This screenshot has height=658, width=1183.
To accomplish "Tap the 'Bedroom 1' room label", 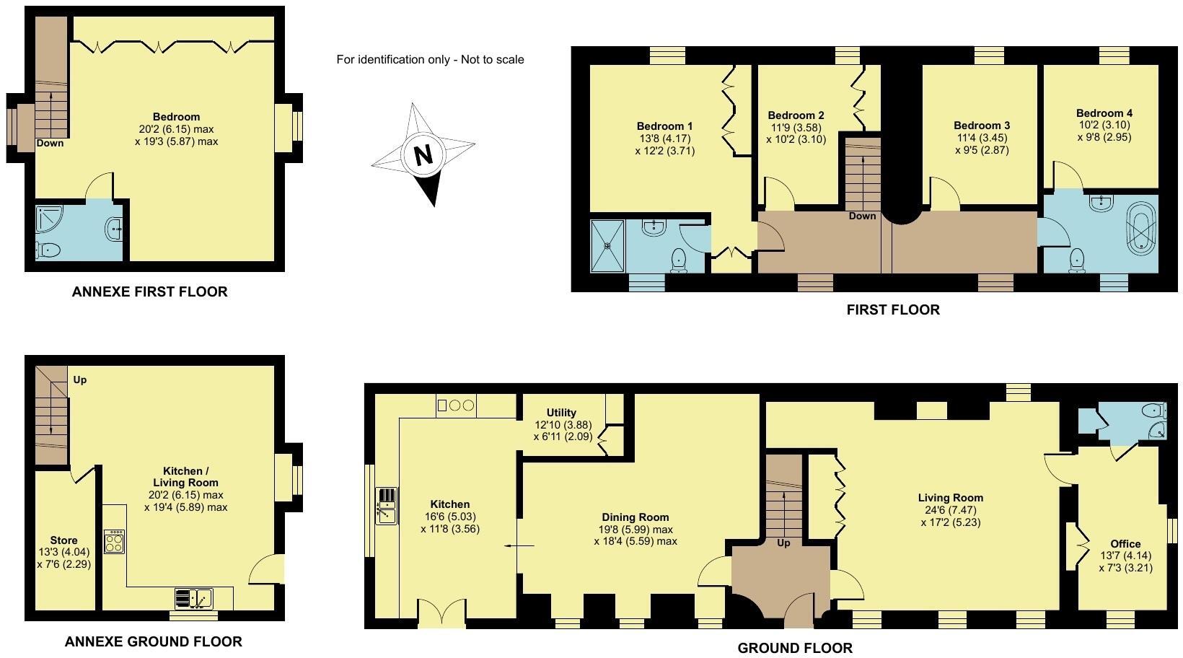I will [x=664, y=126].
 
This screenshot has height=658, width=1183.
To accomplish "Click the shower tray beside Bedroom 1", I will [x=607, y=245].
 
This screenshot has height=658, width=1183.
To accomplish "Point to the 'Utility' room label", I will [x=561, y=413].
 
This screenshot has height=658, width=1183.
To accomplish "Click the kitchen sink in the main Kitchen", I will [x=387, y=506].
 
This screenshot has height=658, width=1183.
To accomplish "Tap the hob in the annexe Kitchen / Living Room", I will [x=114, y=541].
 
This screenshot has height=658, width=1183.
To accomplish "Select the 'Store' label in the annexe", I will [x=63, y=540].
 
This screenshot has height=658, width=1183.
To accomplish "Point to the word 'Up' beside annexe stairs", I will [x=80, y=380].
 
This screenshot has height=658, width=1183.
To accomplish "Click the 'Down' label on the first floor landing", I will [x=862, y=216].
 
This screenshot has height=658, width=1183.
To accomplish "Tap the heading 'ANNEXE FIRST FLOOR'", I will [x=149, y=291].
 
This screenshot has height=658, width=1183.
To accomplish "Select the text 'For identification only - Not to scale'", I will [x=430, y=59].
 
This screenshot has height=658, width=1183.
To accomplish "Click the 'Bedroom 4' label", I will [x=1104, y=113].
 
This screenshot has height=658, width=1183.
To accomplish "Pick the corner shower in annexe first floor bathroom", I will [x=49, y=221].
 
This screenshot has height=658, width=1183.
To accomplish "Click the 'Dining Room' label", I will [x=635, y=517].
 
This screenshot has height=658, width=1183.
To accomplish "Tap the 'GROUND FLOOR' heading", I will [x=794, y=648].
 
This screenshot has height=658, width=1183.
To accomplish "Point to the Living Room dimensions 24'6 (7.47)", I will [x=950, y=510].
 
